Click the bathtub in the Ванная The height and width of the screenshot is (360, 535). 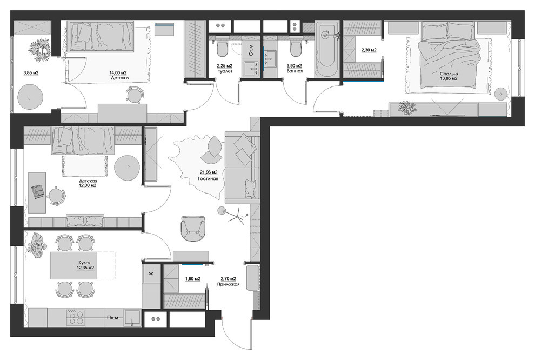click(x=326, y=49)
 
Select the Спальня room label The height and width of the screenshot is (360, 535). click(x=449, y=74)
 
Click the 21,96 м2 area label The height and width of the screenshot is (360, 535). click(x=209, y=172)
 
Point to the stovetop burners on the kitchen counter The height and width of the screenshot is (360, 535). click(x=76, y=317)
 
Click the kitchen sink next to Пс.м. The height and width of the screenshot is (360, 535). click(x=132, y=318)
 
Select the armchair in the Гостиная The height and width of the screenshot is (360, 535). click(x=193, y=228)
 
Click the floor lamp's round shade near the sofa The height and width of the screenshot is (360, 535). click(x=222, y=210)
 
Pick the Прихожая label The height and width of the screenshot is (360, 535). click(x=228, y=284)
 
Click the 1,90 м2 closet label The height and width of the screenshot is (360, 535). click(x=192, y=279)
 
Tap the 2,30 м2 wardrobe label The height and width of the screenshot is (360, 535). click(x=369, y=50)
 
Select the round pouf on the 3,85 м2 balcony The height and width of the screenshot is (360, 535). click(x=30, y=97)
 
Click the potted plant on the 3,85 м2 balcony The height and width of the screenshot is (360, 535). click(x=38, y=50)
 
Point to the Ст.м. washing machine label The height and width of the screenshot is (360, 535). click(x=251, y=50)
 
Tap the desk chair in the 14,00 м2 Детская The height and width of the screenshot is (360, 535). click(x=134, y=95)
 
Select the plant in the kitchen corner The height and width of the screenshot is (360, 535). click(x=37, y=245)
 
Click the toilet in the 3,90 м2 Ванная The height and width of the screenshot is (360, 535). click(x=296, y=49)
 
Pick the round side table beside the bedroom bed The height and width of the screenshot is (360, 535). click(x=501, y=94)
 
